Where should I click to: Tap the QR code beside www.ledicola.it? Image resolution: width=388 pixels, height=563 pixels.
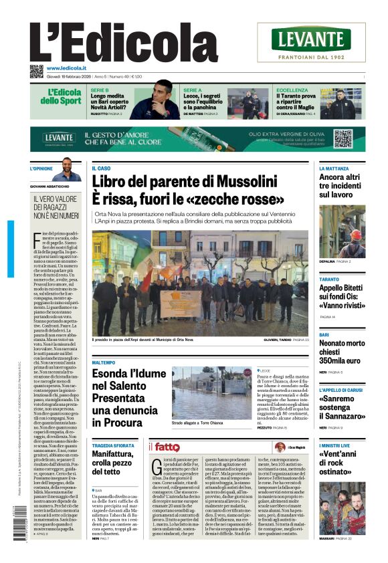tap(36, 72)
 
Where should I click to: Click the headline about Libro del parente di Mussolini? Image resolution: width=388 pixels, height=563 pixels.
tap(193, 189)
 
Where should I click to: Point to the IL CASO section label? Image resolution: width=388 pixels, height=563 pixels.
tap(101, 168)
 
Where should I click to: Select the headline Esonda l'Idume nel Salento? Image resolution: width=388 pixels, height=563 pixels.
tap(126, 398)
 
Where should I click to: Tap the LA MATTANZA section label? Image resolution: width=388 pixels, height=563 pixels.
tap(334, 168)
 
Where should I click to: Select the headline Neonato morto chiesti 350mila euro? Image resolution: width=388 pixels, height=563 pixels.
tap(341, 352)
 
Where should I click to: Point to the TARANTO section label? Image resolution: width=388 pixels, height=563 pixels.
tap(328, 279)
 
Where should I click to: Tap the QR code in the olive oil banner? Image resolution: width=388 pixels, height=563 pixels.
tap(343, 139)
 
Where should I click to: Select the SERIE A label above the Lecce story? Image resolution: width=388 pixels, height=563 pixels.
tap(193, 90)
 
